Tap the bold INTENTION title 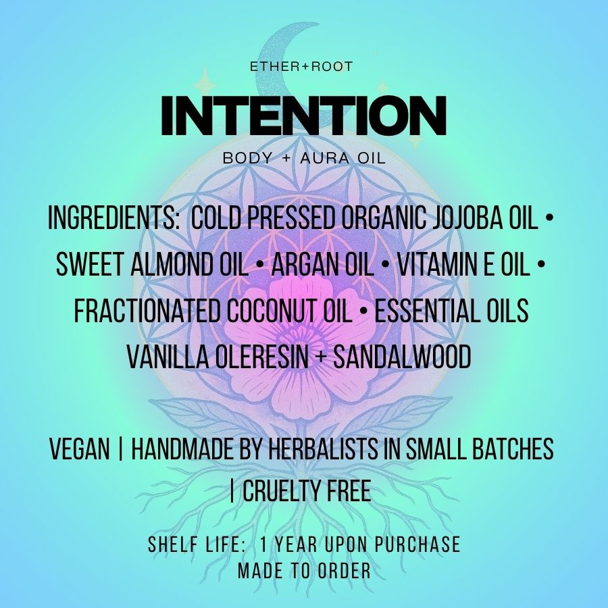tap(303, 116)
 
